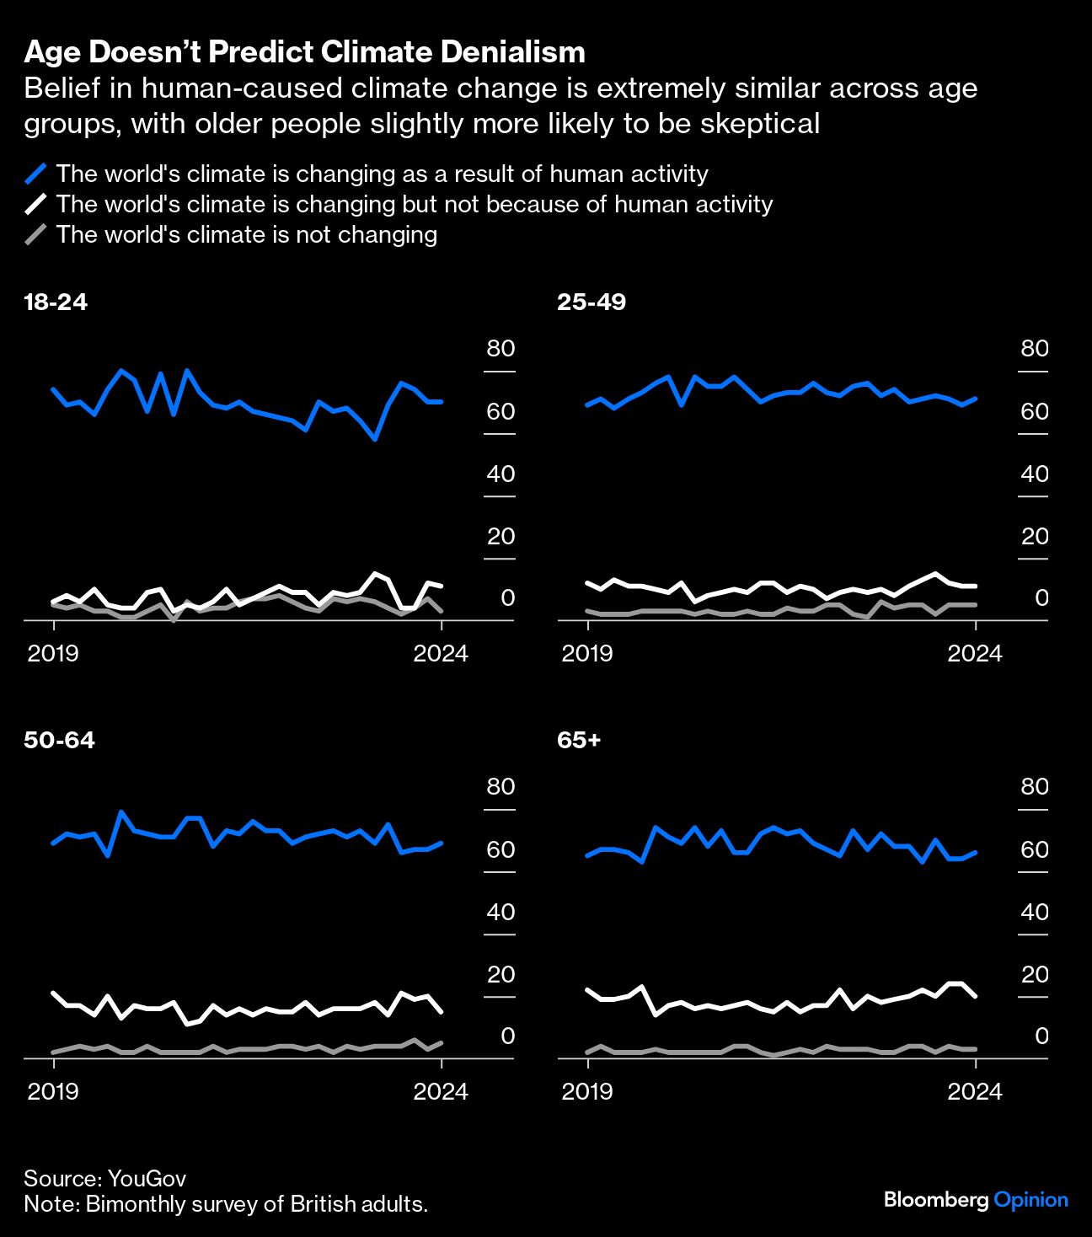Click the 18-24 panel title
pos(56,302)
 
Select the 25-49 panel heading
pos(591,302)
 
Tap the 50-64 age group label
pos(59,740)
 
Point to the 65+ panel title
pos(579,740)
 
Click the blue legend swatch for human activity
pos(35,174)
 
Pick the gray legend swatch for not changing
pos(35,235)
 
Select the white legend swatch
pos(35,205)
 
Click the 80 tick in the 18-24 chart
pos(500,349)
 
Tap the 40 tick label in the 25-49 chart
pos(1035,474)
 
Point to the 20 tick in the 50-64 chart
pos(500,974)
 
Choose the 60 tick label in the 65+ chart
pos(1035,849)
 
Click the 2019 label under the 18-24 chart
pos(53,653)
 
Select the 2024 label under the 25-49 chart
pos(975,653)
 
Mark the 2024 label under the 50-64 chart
pos(441,1091)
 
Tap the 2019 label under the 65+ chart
pos(587,1091)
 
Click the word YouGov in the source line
pos(147,1179)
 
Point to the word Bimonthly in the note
pos(131,1204)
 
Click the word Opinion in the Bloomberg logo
pos(1030,1200)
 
